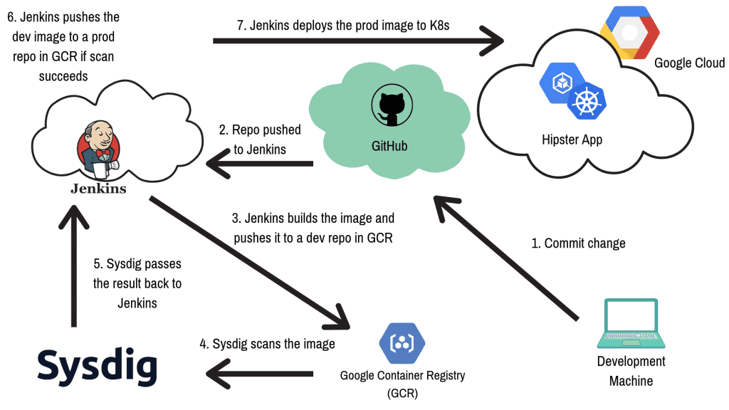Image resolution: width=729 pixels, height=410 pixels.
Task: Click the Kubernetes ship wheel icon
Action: [586, 102]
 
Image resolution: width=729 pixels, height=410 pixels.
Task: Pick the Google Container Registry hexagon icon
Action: [402, 342]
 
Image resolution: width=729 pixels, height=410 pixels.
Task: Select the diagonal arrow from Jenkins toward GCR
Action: [249, 264]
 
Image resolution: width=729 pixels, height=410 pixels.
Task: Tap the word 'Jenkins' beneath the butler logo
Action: [98, 189]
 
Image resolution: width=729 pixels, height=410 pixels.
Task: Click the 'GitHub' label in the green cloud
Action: [390, 147]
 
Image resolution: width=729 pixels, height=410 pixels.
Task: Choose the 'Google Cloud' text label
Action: [689, 63]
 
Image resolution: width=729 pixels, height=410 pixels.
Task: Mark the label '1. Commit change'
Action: [578, 243]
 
